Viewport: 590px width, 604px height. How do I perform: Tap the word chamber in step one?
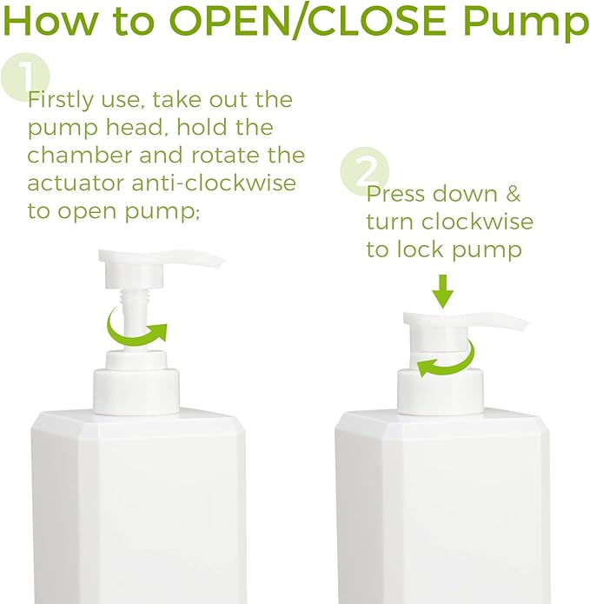coord(73,156)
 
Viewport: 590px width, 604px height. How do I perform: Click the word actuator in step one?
coord(79,183)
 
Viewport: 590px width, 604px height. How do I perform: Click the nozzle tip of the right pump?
coord(521,325)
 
